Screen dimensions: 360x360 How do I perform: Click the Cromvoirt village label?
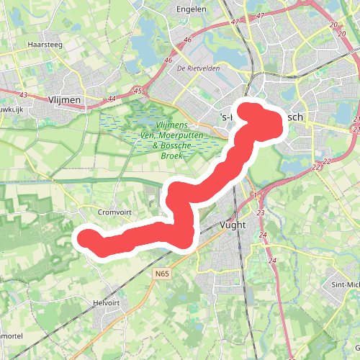coord(113,212)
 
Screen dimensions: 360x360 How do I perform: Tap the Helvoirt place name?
coord(106,303)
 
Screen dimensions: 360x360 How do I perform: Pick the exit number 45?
coord(138,91)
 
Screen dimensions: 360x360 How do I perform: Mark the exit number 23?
coord(261,213)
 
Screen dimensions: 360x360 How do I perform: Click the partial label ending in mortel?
coord(10,336)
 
